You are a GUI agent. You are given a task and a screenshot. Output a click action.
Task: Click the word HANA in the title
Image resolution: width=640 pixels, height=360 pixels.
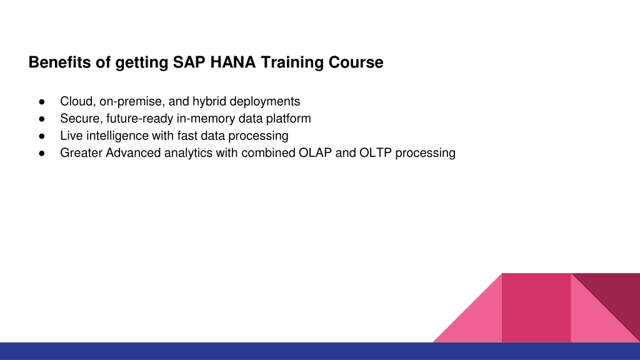coord(233,62)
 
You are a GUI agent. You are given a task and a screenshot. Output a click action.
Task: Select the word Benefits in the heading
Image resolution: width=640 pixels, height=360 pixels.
coord(59,62)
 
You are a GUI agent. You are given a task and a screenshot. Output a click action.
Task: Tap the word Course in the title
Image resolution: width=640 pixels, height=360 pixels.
coord(356,62)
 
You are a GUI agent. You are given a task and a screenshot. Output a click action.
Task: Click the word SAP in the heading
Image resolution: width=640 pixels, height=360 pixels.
coord(189,62)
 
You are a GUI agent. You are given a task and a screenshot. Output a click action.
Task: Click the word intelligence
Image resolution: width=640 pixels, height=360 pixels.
coord(117,136)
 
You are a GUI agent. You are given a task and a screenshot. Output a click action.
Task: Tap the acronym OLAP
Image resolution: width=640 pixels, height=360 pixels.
coord(315,152)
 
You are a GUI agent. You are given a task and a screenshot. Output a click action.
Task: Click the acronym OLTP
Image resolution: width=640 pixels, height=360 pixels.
coord(376,152)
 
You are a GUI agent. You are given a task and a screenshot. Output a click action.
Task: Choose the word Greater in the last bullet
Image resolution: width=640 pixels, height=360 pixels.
coord(81,152)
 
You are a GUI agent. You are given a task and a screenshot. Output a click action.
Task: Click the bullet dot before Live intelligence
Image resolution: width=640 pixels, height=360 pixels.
coord(42,136)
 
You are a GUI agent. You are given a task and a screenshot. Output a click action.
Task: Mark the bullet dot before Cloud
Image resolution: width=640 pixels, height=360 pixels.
coord(42,102)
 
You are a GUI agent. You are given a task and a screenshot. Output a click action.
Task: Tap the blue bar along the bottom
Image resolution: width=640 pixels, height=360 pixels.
coord(320,351)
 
